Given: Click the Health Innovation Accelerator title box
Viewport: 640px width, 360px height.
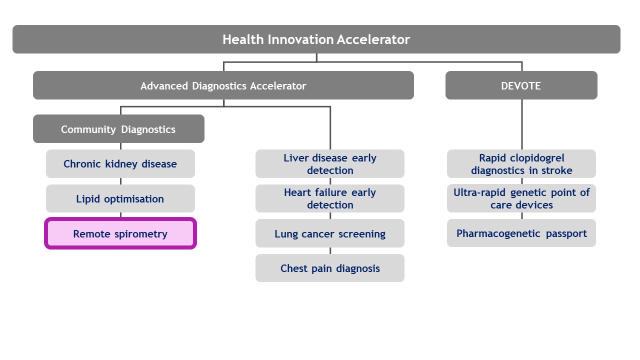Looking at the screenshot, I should pyautogui.click(x=316, y=39).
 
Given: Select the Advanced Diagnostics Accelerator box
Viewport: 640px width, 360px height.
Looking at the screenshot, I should pyautogui.click(x=223, y=85).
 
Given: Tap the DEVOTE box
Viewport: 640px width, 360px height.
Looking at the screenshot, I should pyautogui.click(x=521, y=85).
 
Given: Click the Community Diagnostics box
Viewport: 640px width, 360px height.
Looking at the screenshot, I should pyautogui.click(x=118, y=129).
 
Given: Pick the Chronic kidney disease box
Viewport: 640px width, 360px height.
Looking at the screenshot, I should pyautogui.click(x=120, y=164).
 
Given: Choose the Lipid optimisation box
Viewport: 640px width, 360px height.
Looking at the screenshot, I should pyautogui.click(x=120, y=199).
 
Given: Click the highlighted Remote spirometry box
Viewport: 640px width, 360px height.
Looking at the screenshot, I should pyautogui.click(x=120, y=233).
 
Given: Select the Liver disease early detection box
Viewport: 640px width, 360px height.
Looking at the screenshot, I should pyautogui.click(x=329, y=164).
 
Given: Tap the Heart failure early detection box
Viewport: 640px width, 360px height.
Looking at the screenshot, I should pyautogui.click(x=329, y=198).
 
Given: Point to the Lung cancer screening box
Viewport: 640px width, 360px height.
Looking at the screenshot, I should pyautogui.click(x=329, y=233).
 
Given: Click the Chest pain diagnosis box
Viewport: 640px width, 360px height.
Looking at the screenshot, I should pyautogui.click(x=329, y=268).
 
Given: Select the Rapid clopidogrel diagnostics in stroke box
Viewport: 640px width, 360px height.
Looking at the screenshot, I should pyautogui.click(x=521, y=164).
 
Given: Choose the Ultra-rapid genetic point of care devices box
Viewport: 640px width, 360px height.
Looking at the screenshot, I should pyautogui.click(x=521, y=198).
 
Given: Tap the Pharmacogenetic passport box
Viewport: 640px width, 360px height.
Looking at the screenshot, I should pyautogui.click(x=521, y=233).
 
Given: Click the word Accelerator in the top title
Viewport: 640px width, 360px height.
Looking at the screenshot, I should pyautogui.click(x=373, y=39).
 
